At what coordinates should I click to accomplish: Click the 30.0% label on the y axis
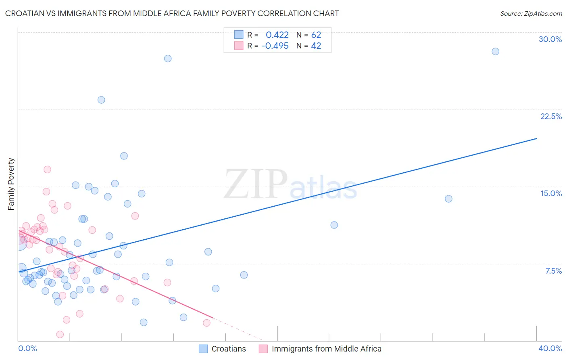pos(550,39)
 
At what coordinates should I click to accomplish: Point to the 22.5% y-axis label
pos(551,116)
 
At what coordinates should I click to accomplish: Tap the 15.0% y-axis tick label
pos(551,193)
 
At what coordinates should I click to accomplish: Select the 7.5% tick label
pos(553,271)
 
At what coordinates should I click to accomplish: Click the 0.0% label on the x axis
pos(27,348)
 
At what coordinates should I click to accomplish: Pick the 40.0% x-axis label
pos(550,348)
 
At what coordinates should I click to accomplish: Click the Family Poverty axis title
pos(11,184)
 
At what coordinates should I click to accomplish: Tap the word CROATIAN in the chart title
pos(25,13)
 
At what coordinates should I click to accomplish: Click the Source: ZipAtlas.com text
pos(531,13)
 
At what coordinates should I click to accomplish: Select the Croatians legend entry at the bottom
pos(229,349)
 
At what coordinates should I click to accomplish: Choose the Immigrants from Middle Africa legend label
pos(326,349)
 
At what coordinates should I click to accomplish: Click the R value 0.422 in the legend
pos(277,35)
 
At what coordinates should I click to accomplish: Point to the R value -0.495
pos(275,46)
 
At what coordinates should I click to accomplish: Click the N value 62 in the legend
pos(316,35)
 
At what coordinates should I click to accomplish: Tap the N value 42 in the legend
pos(316,46)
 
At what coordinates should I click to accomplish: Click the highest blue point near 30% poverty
pos(495,51)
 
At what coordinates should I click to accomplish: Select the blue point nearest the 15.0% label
pos(448,199)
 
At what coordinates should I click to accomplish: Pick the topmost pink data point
pos(47,170)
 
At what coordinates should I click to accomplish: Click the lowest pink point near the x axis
pos(60,334)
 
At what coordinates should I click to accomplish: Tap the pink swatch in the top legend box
pos(239,46)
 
